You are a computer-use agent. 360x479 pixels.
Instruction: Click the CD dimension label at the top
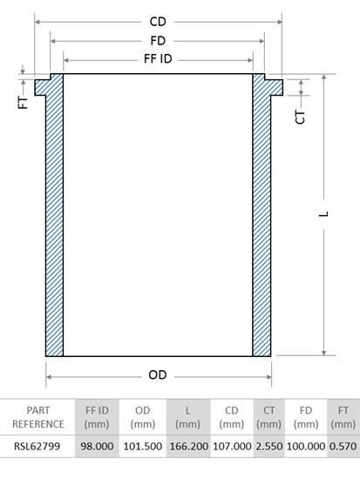click(158, 22)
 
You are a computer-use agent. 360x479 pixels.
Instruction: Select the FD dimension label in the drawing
click(158, 41)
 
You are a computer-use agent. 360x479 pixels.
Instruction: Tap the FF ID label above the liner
click(158, 58)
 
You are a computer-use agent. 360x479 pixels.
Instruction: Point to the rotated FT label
click(24, 103)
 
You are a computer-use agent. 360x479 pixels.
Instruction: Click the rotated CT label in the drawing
click(300, 118)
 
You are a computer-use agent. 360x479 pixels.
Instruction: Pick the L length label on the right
click(323, 213)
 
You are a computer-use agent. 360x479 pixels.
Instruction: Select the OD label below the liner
click(158, 374)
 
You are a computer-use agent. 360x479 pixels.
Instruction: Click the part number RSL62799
click(37, 446)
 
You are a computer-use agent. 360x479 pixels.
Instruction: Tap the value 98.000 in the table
click(97, 446)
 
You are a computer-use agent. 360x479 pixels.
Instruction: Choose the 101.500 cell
click(143, 446)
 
